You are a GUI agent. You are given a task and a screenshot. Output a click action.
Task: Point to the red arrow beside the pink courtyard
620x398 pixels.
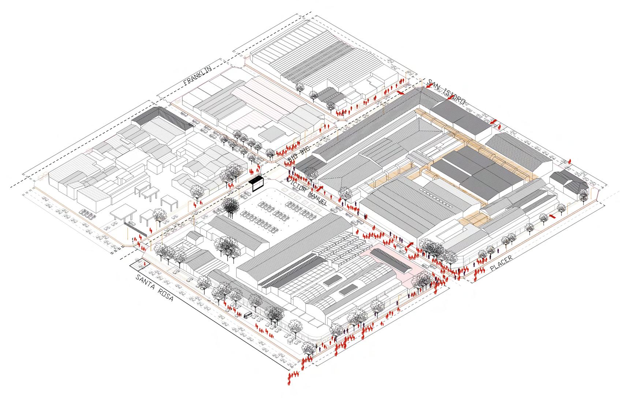409,245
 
